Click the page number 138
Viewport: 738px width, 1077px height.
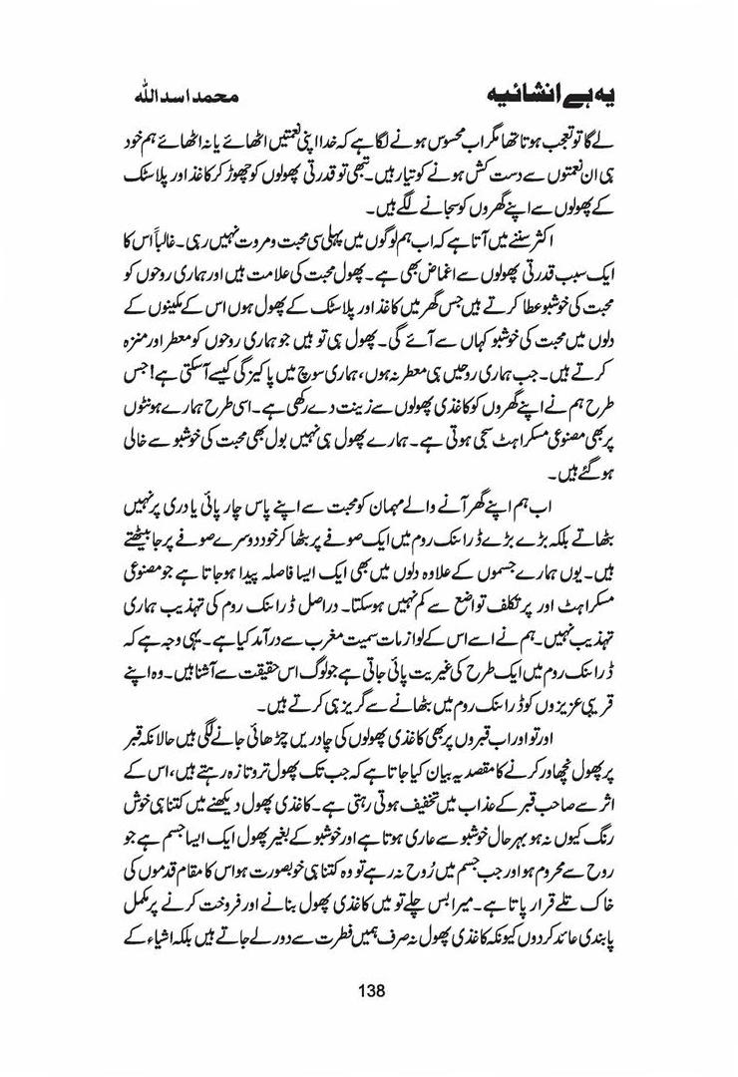pyautogui.click(x=369, y=989)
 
